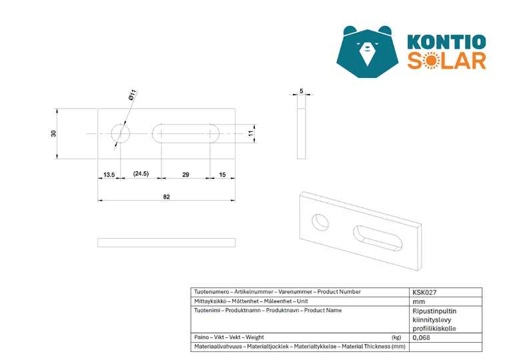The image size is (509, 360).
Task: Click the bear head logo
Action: point(368,51)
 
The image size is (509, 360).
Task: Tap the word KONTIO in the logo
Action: point(446,42)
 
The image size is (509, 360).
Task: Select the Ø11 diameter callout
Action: point(133,95)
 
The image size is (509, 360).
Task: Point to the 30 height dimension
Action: point(53,133)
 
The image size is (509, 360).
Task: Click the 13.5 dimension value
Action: point(109,175)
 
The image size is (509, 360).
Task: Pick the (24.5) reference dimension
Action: point(141,174)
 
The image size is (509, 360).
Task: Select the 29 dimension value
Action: point(185,175)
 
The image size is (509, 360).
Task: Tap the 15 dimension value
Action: point(222,175)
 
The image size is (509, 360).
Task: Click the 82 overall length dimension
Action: point(167,197)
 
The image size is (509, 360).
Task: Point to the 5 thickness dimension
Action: point(302,91)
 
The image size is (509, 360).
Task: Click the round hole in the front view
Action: point(121,133)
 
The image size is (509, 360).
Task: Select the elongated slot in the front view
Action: point(185,133)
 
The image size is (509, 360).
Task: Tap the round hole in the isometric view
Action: point(320,222)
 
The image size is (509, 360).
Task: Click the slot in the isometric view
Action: point(378,239)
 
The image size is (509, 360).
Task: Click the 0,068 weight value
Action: point(422,337)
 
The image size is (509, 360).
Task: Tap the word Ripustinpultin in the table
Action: point(434,311)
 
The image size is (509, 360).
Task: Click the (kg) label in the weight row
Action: point(396,337)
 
